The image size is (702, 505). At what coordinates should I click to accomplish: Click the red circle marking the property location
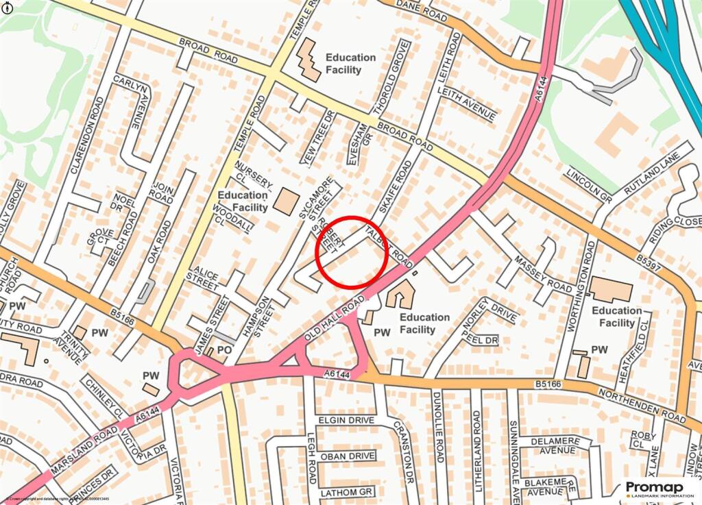pos(352,251)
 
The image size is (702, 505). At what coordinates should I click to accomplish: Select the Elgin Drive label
pos(346,419)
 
